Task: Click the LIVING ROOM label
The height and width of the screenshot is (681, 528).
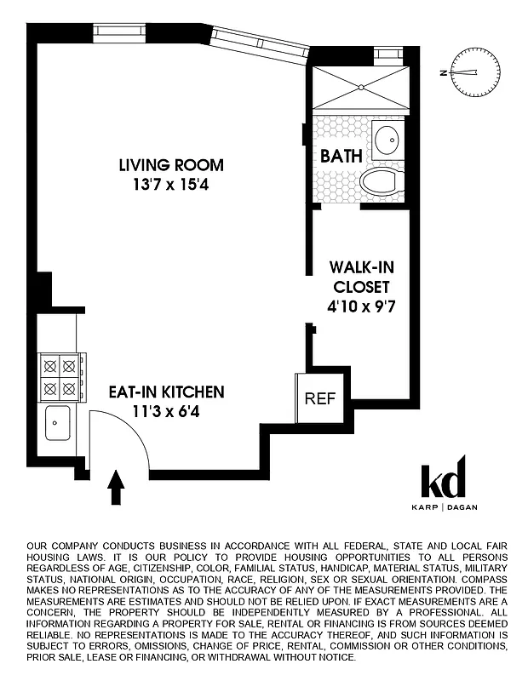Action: [170, 164]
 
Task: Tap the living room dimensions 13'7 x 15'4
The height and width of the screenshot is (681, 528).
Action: [170, 182]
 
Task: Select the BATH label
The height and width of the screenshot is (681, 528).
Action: [341, 157]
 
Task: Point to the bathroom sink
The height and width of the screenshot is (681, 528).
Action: [388, 138]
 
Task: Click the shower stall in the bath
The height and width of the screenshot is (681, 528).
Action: [358, 86]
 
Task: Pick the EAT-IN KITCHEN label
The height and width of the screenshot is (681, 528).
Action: [166, 392]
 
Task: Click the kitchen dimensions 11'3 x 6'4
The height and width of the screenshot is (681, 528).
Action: [166, 410]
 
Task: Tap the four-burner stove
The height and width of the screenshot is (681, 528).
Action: [61, 379]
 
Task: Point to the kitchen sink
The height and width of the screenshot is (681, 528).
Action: [57, 422]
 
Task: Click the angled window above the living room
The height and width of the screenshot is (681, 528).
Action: [260, 42]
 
